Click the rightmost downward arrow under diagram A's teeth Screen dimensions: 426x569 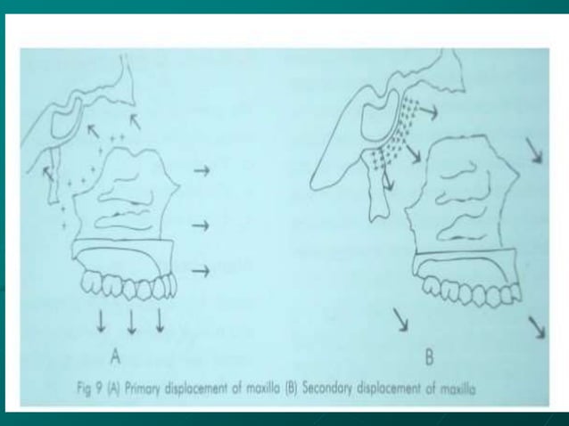click(160, 319)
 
